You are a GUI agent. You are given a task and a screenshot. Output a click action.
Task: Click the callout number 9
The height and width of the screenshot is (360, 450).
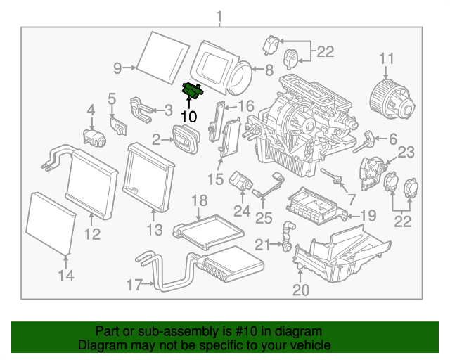tap(118, 67)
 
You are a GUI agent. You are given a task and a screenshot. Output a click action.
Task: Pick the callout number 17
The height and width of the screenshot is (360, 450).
tap(132, 284)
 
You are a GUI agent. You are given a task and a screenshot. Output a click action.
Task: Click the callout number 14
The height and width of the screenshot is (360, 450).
tap(65, 276)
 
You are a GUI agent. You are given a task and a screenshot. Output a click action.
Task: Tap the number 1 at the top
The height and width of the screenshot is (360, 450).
tap(219, 15)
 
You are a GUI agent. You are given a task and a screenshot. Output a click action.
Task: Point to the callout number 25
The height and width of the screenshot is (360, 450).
tap(264, 219)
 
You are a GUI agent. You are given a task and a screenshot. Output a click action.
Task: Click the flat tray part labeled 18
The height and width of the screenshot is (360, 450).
tap(209, 229)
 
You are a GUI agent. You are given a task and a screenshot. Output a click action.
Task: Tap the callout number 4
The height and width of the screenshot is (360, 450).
tap(90, 110)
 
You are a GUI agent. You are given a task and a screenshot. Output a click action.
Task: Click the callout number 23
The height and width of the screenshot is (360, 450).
tap(406, 152)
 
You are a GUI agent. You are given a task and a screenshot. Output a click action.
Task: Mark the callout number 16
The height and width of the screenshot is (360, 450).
tap(245, 106)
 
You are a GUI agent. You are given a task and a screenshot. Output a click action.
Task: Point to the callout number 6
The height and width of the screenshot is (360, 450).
tap(392, 139)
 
